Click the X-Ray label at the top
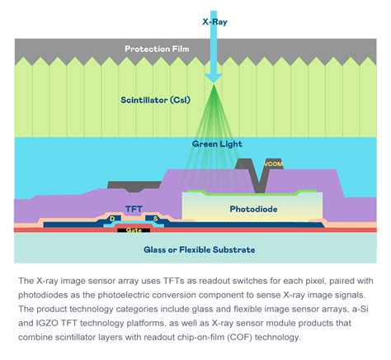click(214, 21)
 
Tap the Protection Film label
click(157, 49)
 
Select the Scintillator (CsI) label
click(155, 100)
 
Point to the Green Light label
click(217, 144)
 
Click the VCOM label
click(273, 164)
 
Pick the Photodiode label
click(253, 209)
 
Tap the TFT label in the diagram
click(134, 209)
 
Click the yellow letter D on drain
click(112, 219)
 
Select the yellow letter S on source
click(155, 219)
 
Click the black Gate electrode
click(134, 230)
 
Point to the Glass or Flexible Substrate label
click(200, 249)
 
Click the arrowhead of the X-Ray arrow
click(214, 78)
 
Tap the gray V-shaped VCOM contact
click(258, 176)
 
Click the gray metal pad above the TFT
click(134, 186)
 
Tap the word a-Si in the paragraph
click(360, 309)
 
